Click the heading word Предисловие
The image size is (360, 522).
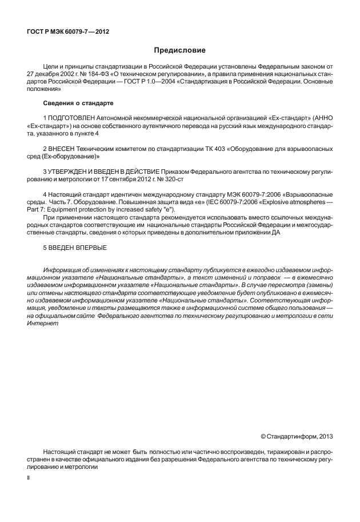click(x=179, y=51)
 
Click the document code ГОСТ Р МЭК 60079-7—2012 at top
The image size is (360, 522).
click(x=67, y=31)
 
